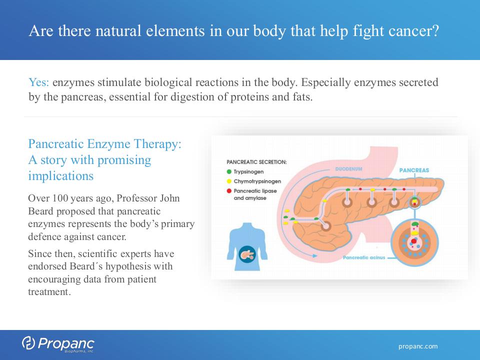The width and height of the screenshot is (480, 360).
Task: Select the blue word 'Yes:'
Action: pyautogui.click(x=38, y=82)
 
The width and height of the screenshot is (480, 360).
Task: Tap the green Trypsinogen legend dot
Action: pyautogui.click(x=229, y=171)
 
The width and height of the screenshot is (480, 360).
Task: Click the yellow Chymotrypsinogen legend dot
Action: pyautogui.click(x=229, y=181)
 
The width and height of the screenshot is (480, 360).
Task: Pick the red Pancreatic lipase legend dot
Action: pyautogui.click(x=229, y=190)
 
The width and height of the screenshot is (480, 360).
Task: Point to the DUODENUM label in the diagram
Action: pyautogui.click(x=348, y=169)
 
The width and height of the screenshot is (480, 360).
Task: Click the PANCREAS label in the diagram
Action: pyautogui.click(x=414, y=170)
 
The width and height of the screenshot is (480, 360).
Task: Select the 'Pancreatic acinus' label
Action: pyautogui.click(x=364, y=257)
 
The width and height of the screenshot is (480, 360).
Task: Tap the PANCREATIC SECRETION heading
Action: pyautogui.click(x=256, y=162)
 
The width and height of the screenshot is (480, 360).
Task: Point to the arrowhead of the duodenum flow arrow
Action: pyautogui.click(x=315, y=255)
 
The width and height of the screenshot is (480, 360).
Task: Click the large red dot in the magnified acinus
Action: pyautogui.click(x=414, y=241)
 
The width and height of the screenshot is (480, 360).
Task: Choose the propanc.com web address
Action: pyautogui.click(x=418, y=346)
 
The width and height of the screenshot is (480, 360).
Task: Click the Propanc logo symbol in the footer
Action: pyautogui.click(x=28, y=343)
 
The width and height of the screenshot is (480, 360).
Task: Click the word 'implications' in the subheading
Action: pyautogui.click(x=60, y=176)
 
